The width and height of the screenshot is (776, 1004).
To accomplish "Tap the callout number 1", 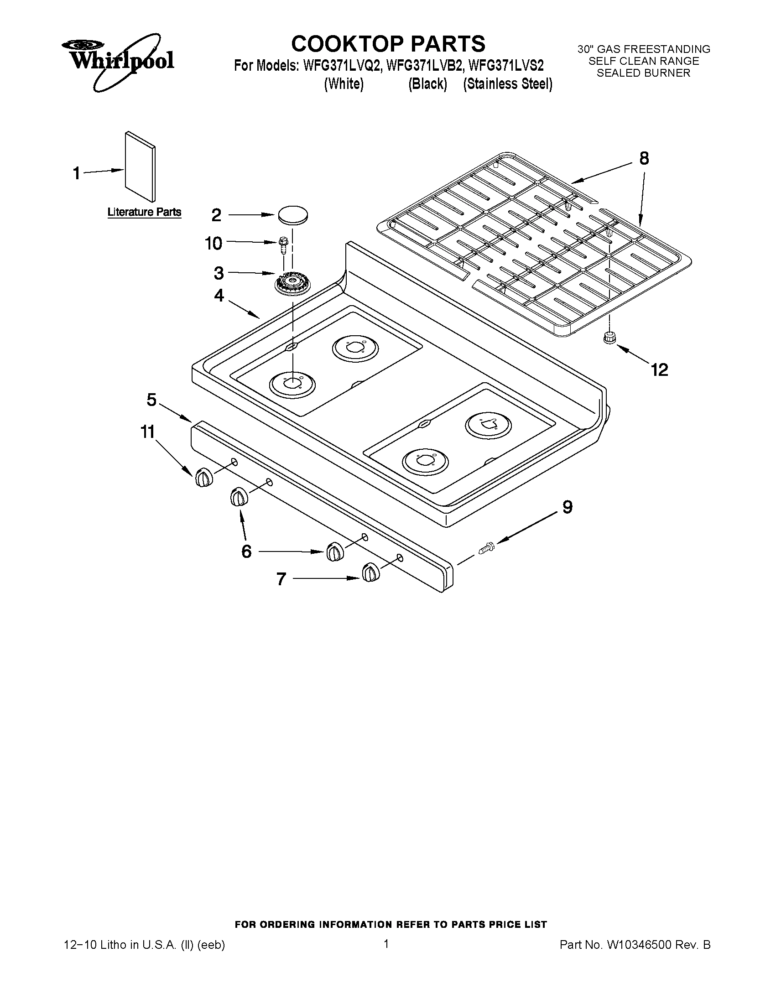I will click(x=77, y=174).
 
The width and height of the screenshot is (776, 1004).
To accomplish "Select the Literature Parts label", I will click(x=144, y=212).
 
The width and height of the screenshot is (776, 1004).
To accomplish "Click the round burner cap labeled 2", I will click(x=292, y=215).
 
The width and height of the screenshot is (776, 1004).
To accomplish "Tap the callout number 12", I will click(x=659, y=369).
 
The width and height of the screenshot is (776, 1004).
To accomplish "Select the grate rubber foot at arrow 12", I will click(x=609, y=338).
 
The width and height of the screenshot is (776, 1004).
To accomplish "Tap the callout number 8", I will click(x=644, y=159).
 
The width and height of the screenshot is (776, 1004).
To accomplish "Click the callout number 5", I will click(x=151, y=400).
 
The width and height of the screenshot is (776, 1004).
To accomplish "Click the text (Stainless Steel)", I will click(x=508, y=84).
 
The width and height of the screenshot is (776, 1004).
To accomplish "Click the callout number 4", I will click(x=219, y=295).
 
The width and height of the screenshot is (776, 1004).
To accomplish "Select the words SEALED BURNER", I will click(x=644, y=73).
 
